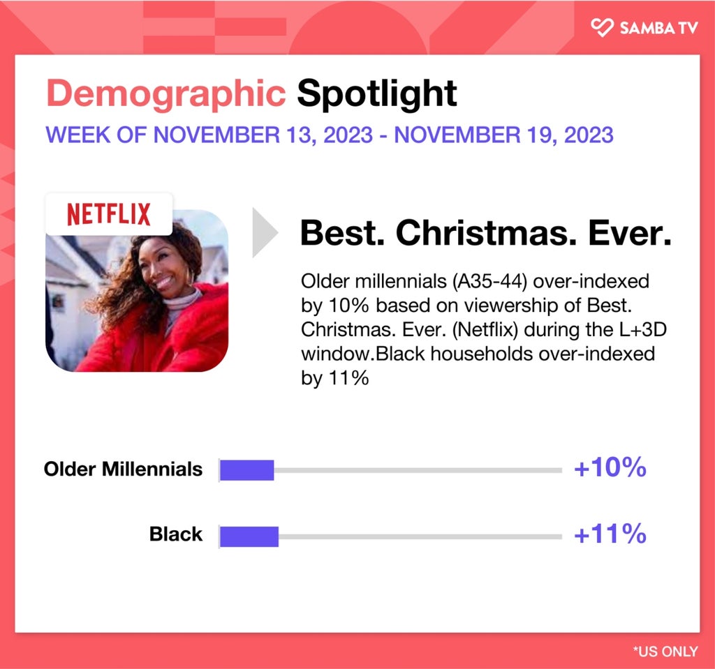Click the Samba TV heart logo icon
tap(602, 27)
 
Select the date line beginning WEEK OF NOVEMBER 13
tap(330, 135)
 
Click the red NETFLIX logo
tap(108, 214)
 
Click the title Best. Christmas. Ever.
tap(486, 233)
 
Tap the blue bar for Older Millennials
tap(246, 470)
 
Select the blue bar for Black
tap(249, 536)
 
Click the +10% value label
tap(610, 467)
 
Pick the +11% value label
tap(610, 534)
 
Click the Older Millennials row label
tap(123, 469)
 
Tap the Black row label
tap(176, 534)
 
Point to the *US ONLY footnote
tap(665, 652)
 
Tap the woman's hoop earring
tap(191, 275)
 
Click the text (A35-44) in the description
tap(489, 282)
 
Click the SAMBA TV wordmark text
tap(659, 29)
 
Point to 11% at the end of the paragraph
tap(348, 378)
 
